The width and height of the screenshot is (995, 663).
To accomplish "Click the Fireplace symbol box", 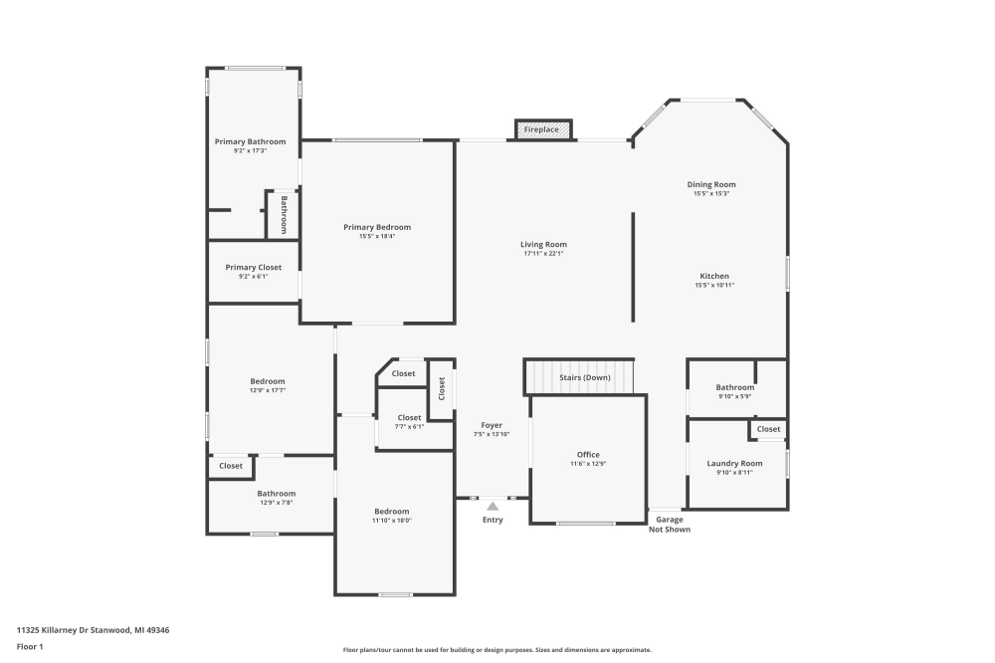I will (543, 129).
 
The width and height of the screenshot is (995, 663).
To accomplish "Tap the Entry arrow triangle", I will (492, 507).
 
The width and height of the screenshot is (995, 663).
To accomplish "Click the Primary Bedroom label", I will (377, 227).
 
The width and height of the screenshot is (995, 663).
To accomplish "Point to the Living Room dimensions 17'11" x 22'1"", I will (543, 254).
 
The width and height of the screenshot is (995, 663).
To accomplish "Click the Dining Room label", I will (711, 184).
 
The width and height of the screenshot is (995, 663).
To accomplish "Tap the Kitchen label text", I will (714, 276).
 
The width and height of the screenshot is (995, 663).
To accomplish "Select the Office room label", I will (588, 455).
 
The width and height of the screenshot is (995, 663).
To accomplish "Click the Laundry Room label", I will (734, 463).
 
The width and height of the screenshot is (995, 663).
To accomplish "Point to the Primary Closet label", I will (253, 267).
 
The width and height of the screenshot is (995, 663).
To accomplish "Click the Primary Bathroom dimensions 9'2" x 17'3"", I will (250, 151).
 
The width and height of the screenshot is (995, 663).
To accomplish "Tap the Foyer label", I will (492, 425).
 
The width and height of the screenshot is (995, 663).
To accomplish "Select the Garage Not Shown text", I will (669, 525).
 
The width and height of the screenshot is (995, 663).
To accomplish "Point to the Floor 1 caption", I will (30, 646).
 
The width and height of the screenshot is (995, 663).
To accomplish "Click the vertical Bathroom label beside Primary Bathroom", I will (284, 214).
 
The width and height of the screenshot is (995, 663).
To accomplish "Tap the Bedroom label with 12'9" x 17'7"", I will (268, 381).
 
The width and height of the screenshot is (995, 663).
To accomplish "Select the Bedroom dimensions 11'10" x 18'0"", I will (392, 521).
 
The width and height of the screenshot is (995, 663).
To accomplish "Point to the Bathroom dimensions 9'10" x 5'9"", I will (735, 397).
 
